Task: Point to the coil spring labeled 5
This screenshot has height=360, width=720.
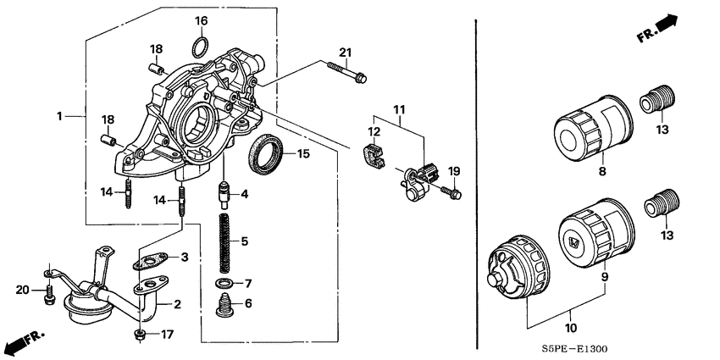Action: (225, 241)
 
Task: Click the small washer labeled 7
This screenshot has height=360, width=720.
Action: (224, 282)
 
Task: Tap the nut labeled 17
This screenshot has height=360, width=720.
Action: (141, 335)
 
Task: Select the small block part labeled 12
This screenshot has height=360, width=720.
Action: (373, 157)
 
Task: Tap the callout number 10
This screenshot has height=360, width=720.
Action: (571, 328)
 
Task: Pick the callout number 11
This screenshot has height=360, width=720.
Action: (398, 109)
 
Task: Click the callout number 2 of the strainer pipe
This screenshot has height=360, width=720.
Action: (179, 303)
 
